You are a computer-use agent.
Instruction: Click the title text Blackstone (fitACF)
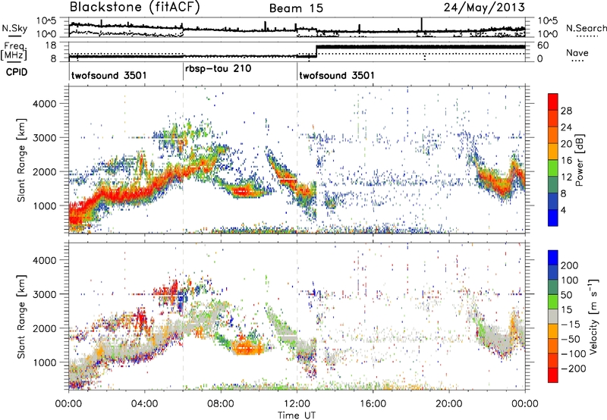coord(134,8)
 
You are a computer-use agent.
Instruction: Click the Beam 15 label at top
coord(296,8)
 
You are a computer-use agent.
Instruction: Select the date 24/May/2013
coord(484,8)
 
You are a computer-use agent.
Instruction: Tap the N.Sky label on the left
coord(14,28)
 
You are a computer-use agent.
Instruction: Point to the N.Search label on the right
coord(586,28)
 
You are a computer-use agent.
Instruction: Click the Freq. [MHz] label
coord(14,51)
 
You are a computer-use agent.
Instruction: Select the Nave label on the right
coord(577,52)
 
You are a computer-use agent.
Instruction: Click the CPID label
coord(17,72)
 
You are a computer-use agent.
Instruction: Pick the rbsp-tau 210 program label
coord(219,69)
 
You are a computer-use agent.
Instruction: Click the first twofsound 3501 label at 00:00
coord(109,75)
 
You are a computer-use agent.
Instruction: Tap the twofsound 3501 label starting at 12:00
coord(337,75)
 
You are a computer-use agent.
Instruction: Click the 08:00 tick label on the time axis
coord(221,404)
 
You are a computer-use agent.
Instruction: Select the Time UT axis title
coord(297,415)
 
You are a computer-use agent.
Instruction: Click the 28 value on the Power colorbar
coord(566,111)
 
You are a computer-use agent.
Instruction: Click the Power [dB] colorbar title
coord(579,160)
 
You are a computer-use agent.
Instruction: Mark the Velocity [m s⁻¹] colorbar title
coord(593,316)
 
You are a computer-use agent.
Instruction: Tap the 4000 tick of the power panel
coord(44,104)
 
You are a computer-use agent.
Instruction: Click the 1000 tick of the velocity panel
coord(44,362)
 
